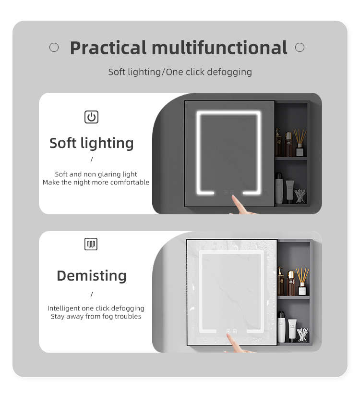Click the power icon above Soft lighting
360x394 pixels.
click(91, 117)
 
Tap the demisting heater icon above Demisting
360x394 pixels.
click(91, 244)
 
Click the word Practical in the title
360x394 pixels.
click(108, 48)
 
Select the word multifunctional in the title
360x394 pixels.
click(219, 47)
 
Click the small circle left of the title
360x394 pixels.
click(54, 47)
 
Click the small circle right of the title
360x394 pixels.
click(300, 47)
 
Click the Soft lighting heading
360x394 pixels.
click(91, 143)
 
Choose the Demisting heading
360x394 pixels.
click(92, 276)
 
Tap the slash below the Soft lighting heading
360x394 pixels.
click(92, 160)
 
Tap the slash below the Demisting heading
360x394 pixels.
click(92, 294)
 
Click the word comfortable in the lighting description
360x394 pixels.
click(130, 182)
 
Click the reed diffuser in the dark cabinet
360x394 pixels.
click(300, 143)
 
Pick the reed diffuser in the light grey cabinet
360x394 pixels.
click(302, 282)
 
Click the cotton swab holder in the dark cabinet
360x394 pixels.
click(300, 196)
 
